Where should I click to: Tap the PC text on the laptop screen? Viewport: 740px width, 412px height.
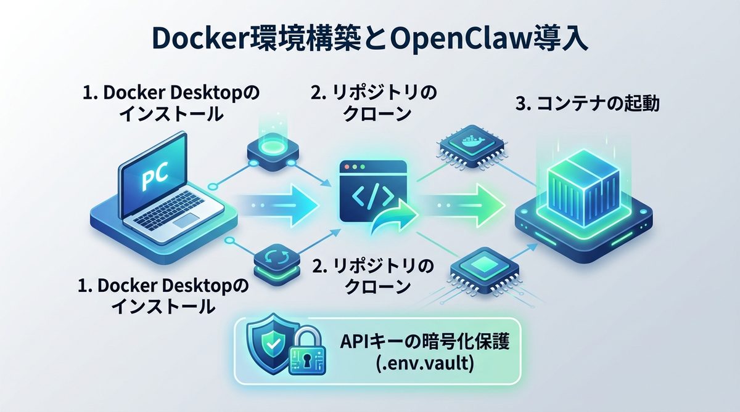coord(152,179)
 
